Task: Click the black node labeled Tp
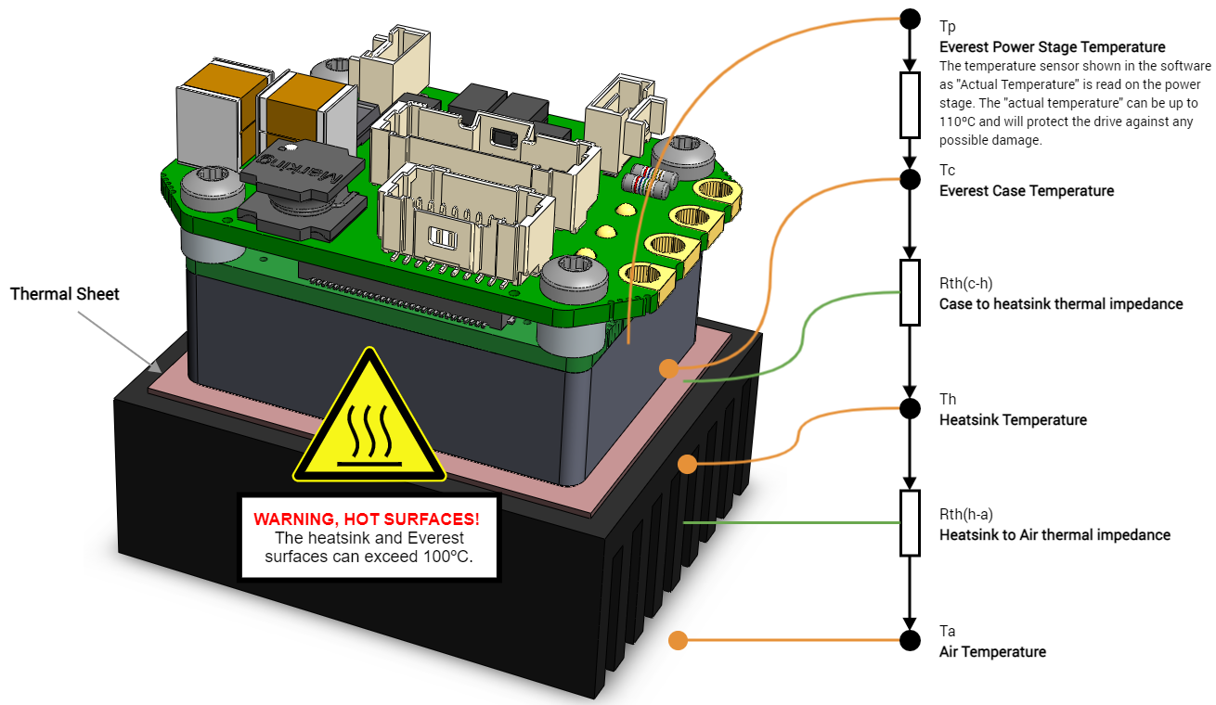click(911, 19)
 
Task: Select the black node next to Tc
click(911, 177)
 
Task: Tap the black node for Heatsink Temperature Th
click(911, 407)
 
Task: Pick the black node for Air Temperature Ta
click(911, 640)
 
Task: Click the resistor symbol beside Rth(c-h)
click(911, 292)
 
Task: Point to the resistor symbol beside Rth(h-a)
click(911, 523)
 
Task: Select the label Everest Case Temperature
click(1026, 191)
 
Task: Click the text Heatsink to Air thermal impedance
click(1054, 534)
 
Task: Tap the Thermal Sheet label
click(65, 294)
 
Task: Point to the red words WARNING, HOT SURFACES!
click(367, 518)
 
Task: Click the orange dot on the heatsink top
click(687, 463)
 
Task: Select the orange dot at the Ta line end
click(678, 640)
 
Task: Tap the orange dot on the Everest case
click(668, 368)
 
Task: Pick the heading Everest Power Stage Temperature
click(1052, 47)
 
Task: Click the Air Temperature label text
click(992, 652)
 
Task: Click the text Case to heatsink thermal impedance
click(1061, 303)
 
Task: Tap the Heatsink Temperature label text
click(1013, 420)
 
